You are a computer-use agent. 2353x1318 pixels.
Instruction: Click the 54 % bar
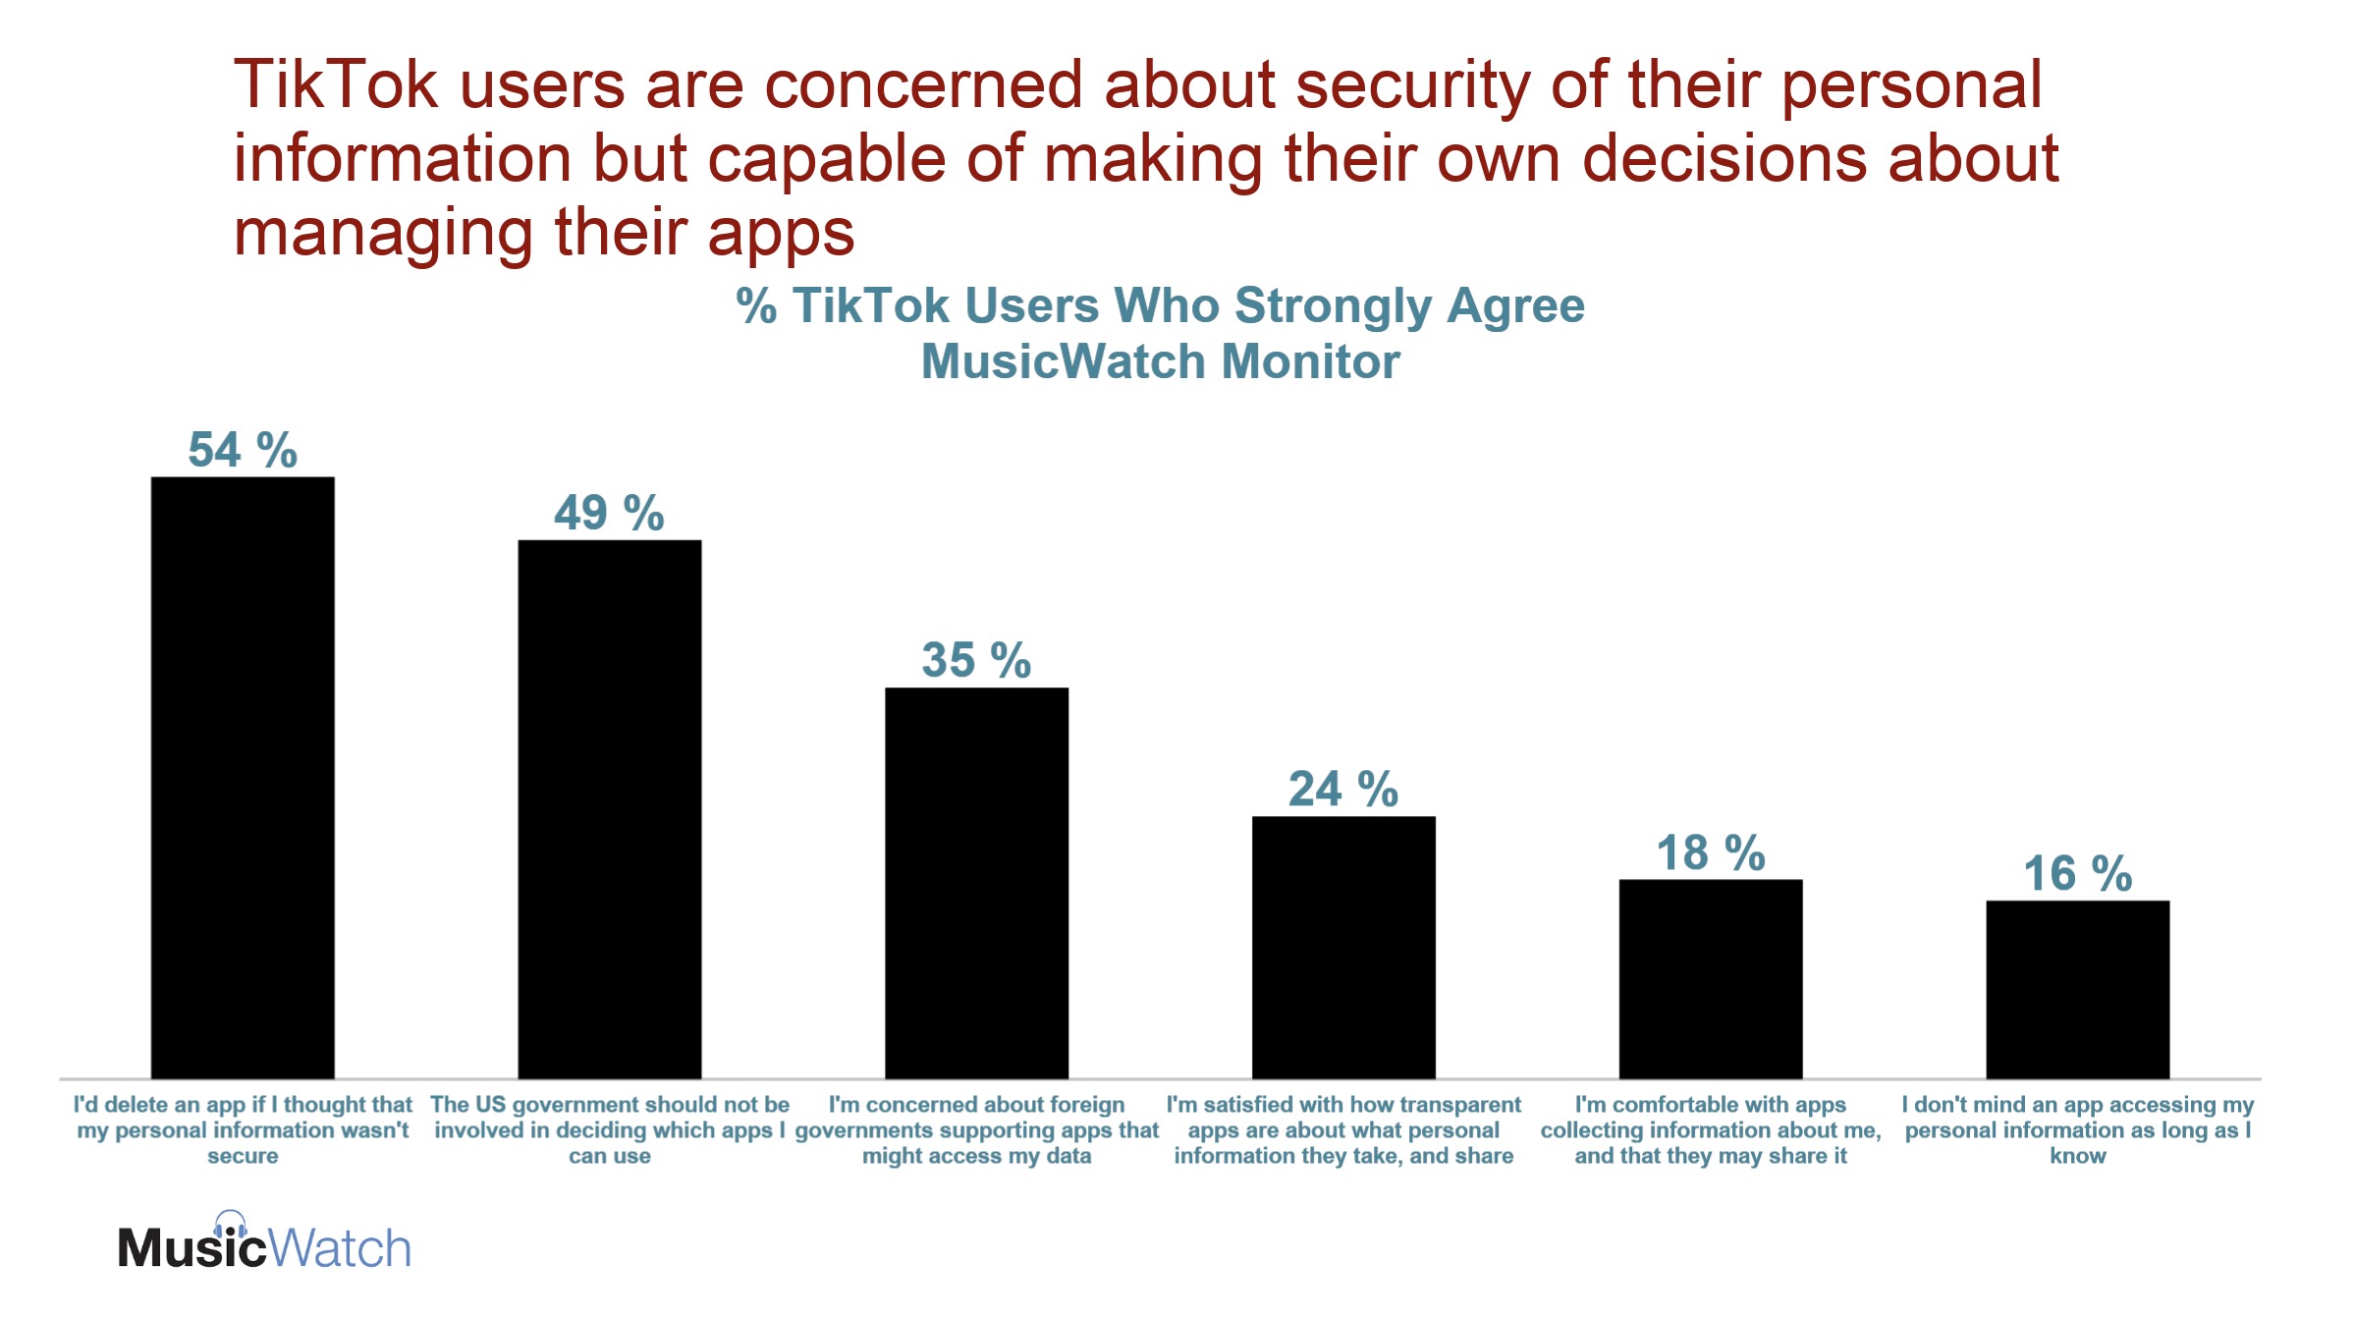click(243, 777)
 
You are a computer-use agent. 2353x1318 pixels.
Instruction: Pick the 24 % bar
click(1343, 947)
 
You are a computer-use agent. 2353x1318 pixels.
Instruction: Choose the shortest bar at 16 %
click(2077, 989)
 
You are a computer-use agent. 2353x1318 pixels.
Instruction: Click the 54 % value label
click(243, 451)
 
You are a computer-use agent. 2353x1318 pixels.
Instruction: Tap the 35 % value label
click(976, 660)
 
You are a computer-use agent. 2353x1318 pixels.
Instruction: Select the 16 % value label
click(2077, 874)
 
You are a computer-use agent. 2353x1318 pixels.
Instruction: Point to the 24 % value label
click(1343, 790)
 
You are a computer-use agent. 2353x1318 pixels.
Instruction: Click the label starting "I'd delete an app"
click(243, 1129)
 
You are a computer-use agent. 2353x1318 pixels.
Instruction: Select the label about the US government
click(610, 1129)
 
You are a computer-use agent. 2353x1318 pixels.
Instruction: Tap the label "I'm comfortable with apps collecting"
click(1711, 1129)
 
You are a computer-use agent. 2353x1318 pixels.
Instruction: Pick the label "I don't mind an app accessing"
click(2077, 1129)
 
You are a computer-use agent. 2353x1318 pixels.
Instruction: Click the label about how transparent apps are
click(1343, 1129)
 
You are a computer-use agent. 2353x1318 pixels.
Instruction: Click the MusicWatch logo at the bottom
click(264, 1245)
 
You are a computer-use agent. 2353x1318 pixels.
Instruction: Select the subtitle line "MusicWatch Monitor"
click(1160, 361)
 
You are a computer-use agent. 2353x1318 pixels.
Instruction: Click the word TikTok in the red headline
click(335, 84)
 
